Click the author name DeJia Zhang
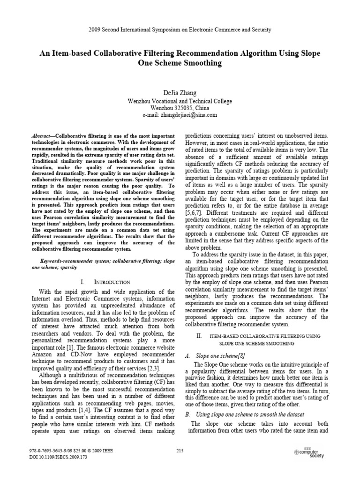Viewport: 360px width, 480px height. click(180, 93)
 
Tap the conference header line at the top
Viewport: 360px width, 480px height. click(180, 30)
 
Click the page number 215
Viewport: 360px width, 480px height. click(180, 451)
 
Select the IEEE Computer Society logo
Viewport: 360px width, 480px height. click(309, 452)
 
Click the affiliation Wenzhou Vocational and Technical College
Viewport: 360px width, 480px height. click(180, 101)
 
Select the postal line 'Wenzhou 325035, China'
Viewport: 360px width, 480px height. click(180, 108)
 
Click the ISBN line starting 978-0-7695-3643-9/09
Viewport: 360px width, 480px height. click(70, 450)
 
